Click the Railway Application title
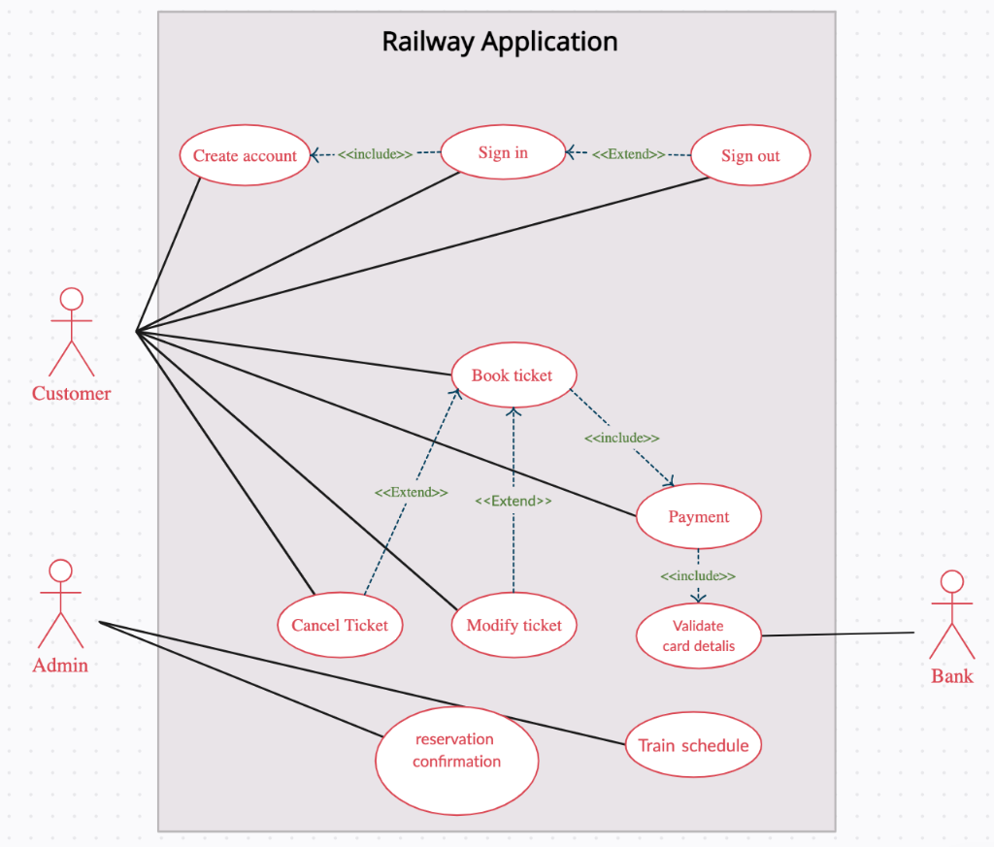499,42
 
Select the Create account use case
245,155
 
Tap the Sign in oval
503,152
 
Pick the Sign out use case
749,155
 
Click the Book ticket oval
514,375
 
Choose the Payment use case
698,516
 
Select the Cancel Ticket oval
340,625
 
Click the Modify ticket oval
514,625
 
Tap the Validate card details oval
698,635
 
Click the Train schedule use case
693,745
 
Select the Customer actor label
71,393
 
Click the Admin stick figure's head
61,570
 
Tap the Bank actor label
951,676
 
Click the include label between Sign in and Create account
375,154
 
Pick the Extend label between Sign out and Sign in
628,154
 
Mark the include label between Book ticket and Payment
621,439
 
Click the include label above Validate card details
697,576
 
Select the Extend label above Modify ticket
513,502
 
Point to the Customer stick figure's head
71,299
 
